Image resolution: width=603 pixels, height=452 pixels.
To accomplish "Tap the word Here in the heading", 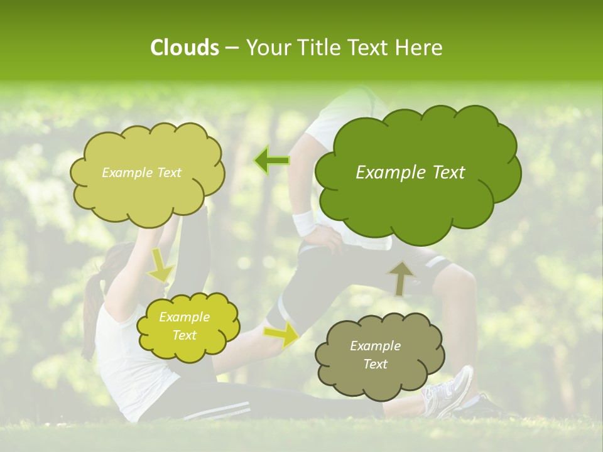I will pyautogui.click(x=419, y=48).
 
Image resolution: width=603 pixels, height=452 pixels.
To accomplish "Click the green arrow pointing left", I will pyautogui.click(x=272, y=161).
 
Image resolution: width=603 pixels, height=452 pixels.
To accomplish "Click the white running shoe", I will pyautogui.click(x=450, y=392).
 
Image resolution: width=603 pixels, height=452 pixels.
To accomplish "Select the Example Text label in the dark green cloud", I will pyautogui.click(x=410, y=173).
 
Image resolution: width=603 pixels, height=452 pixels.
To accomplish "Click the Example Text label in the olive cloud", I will pyautogui.click(x=141, y=173).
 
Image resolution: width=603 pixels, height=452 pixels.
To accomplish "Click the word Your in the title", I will pyautogui.click(x=263, y=48).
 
